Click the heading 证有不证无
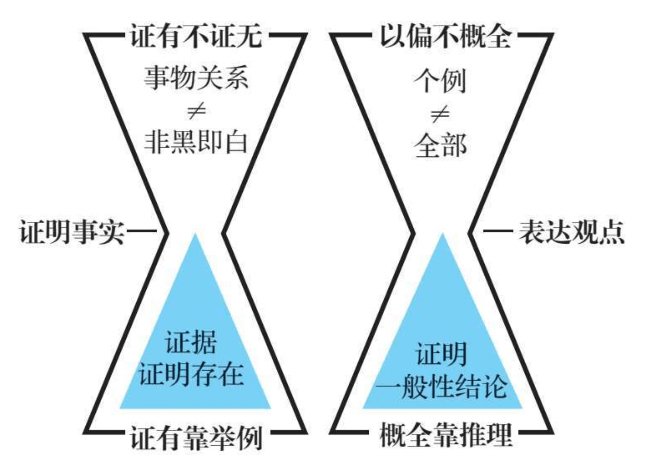click(x=196, y=36)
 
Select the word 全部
click(x=440, y=145)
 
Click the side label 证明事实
click(x=72, y=232)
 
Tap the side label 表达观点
click(x=571, y=232)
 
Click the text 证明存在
click(x=191, y=374)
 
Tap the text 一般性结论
click(x=442, y=387)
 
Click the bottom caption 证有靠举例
click(x=196, y=438)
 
